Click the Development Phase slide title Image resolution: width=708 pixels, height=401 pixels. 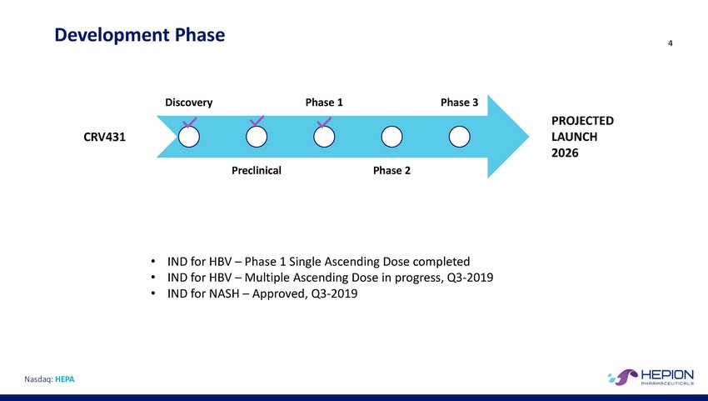(x=140, y=35)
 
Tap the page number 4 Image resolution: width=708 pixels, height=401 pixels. (x=670, y=43)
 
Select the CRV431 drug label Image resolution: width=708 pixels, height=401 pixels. (x=104, y=137)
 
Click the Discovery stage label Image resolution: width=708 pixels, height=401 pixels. (x=189, y=103)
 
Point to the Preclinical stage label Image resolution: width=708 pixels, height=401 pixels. (x=257, y=170)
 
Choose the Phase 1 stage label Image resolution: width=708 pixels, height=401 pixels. (x=324, y=103)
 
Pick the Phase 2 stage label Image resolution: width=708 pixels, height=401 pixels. (x=392, y=170)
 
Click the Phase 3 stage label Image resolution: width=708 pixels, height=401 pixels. (x=459, y=103)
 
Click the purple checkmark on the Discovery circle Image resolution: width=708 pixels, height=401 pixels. (x=189, y=123)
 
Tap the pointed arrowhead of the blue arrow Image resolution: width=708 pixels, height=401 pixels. (x=528, y=137)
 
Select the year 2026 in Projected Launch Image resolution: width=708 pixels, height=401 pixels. (x=565, y=153)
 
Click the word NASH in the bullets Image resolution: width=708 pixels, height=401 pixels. (x=224, y=293)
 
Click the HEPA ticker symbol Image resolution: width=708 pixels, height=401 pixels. (x=65, y=379)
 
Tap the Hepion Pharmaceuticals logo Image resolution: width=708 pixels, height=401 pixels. (x=651, y=377)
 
